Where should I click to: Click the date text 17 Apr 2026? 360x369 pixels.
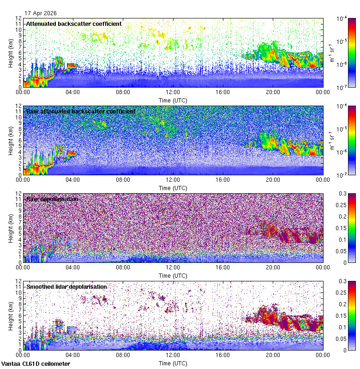click(41, 13)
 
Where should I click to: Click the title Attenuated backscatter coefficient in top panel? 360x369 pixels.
click(74, 24)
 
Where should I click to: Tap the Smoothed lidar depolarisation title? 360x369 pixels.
click(66, 286)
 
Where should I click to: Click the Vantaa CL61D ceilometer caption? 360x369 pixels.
click(36, 364)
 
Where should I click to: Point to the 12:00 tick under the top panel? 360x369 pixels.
click(173, 92)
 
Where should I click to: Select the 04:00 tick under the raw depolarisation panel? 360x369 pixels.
click(73, 267)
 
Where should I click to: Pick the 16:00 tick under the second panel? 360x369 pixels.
click(223, 179)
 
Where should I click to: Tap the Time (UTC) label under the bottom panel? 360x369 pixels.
click(173, 363)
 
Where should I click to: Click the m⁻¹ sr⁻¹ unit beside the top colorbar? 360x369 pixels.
click(331, 53)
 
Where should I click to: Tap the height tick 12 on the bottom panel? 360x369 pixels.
click(20, 281)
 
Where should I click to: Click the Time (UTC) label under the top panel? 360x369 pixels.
click(173, 100)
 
